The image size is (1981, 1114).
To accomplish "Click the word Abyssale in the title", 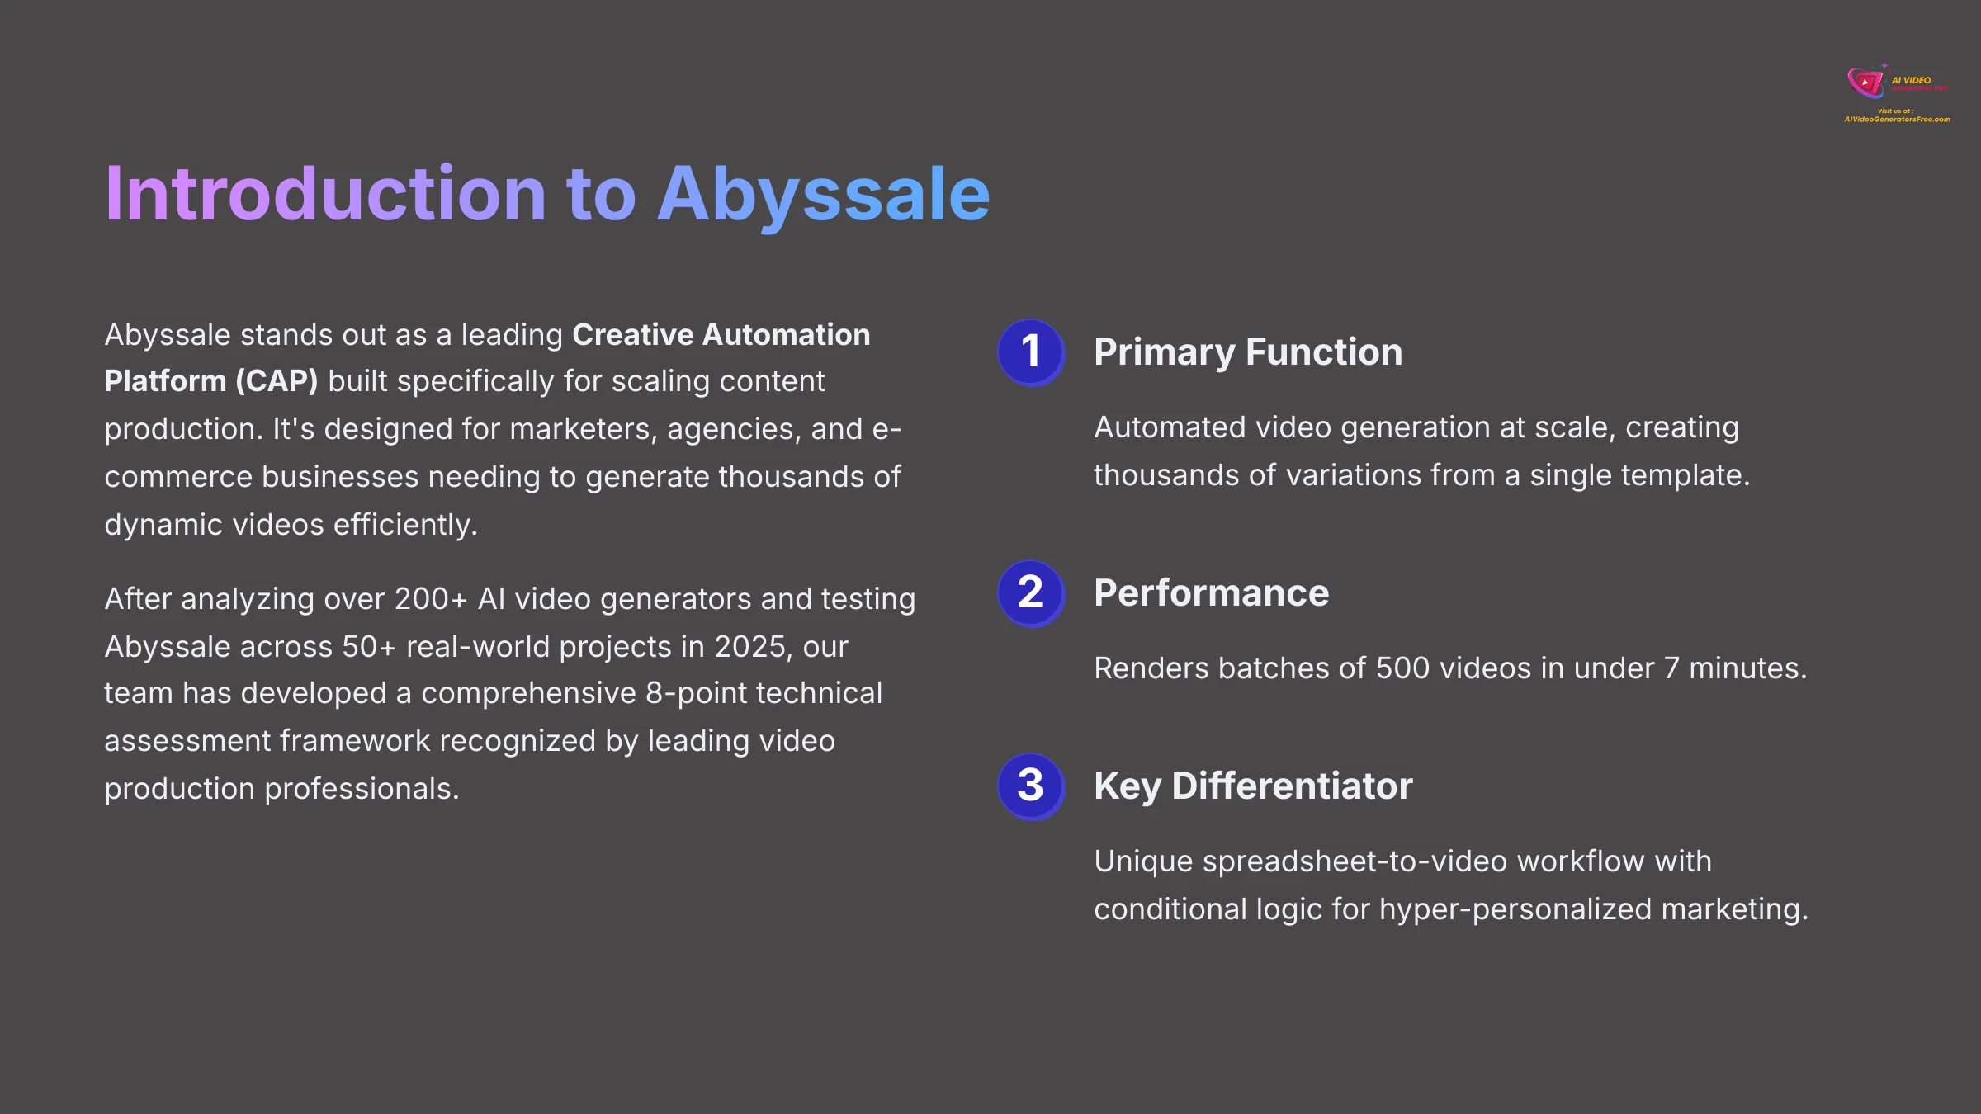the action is pyautogui.click(x=823, y=196).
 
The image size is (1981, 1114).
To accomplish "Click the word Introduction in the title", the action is pyautogui.click(x=325, y=196).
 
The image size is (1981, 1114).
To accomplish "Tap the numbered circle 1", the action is pyautogui.click(x=1030, y=352).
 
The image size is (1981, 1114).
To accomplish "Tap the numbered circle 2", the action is pyautogui.click(x=1030, y=592).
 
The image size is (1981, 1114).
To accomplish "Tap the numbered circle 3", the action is pyautogui.click(x=1030, y=786).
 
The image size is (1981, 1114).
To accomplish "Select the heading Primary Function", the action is pyautogui.click(x=1247, y=352).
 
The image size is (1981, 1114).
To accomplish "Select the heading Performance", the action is pyautogui.click(x=1211, y=593).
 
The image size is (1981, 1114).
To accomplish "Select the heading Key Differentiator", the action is pyautogui.click(x=1252, y=786).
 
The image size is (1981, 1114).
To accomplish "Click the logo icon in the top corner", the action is pyautogui.click(x=1865, y=83).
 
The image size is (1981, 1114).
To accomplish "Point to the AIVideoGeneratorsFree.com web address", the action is pyautogui.click(x=1897, y=120).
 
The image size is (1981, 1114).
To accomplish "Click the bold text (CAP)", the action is pyautogui.click(x=277, y=381).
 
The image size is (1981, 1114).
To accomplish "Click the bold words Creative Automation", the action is pyautogui.click(x=721, y=335).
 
